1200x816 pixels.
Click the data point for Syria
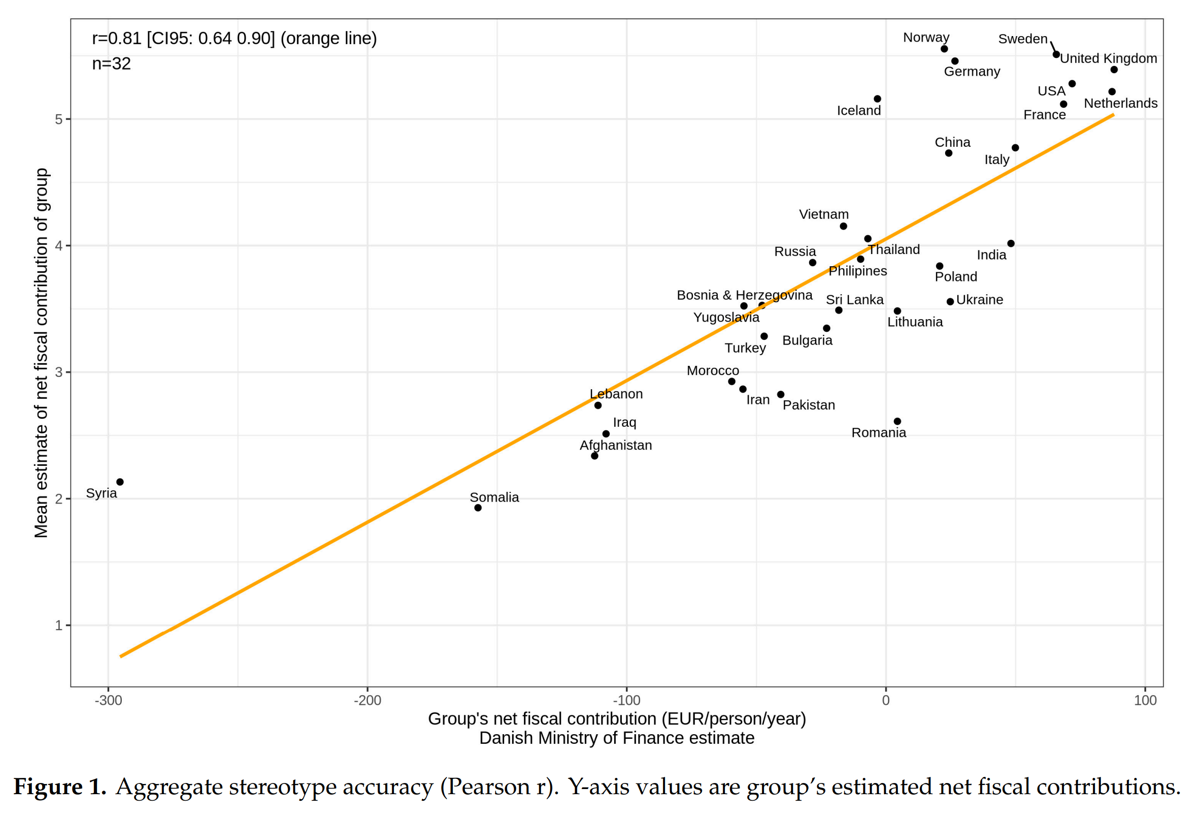(x=120, y=482)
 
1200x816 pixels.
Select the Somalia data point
(x=478, y=508)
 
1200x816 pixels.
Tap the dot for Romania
(x=897, y=422)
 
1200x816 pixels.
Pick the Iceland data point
(x=877, y=99)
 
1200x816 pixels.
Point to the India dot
(x=1011, y=243)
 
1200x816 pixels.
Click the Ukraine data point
(x=950, y=302)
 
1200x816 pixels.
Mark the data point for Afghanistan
(x=594, y=456)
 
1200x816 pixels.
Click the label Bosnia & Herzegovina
(x=744, y=295)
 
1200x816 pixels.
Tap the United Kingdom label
(x=1109, y=58)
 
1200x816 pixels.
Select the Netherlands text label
(x=1120, y=103)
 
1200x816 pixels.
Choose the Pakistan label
(x=809, y=405)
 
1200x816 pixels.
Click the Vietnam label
(x=823, y=214)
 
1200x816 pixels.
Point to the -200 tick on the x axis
(x=367, y=701)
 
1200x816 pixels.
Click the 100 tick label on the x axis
(x=1145, y=701)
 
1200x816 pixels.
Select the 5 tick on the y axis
(x=58, y=119)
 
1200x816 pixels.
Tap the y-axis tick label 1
(x=58, y=626)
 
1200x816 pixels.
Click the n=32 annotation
(x=111, y=64)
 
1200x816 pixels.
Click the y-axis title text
(x=41, y=353)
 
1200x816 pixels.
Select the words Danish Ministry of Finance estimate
(x=617, y=738)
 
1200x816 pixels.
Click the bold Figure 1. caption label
(x=59, y=787)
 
